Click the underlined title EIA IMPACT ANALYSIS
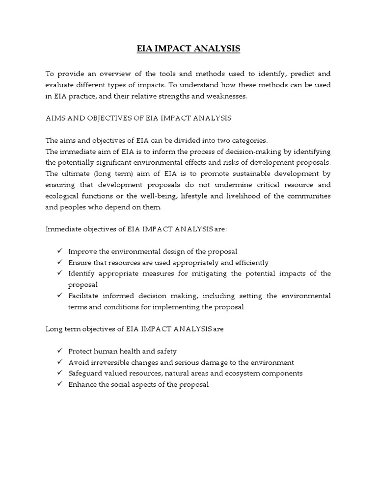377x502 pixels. click(x=188, y=49)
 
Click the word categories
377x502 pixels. click(x=247, y=140)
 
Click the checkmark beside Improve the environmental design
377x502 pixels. click(x=59, y=251)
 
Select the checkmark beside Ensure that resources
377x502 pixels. click(x=59, y=262)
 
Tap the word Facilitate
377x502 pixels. click(x=85, y=296)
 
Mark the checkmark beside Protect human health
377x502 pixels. click(x=59, y=351)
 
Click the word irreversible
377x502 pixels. click(x=110, y=362)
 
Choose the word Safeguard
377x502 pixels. click(x=85, y=373)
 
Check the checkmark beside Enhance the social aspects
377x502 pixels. click(x=59, y=384)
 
